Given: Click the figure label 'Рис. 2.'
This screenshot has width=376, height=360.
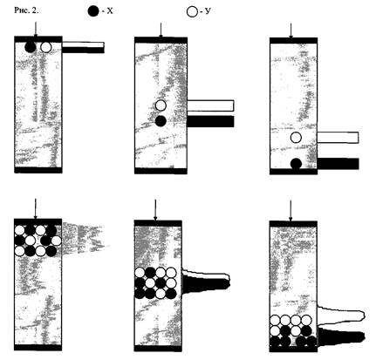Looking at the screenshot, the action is click(26, 10).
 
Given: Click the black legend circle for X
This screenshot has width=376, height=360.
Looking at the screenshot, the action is click(93, 11).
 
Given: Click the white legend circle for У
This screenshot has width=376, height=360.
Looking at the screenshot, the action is click(192, 11).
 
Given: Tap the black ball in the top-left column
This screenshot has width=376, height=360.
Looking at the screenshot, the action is click(30, 47).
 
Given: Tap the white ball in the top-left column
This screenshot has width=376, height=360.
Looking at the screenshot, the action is click(46, 47).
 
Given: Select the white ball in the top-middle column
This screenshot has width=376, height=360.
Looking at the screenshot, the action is click(161, 105).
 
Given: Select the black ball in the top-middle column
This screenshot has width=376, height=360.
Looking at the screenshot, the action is click(161, 121).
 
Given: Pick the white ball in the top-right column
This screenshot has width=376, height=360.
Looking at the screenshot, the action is click(296, 137).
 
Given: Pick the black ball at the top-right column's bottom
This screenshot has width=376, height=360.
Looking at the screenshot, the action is click(296, 164).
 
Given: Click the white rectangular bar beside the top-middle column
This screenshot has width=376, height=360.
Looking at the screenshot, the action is click(210, 105).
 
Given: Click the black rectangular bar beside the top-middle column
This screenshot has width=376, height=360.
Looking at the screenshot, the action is click(210, 121).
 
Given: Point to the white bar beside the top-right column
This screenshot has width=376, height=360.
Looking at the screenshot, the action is click(338, 138).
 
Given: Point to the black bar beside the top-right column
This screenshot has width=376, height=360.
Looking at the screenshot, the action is click(338, 164).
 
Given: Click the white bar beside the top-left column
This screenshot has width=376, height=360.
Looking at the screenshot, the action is click(83, 44).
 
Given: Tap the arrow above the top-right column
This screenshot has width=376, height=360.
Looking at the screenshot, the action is click(291, 31).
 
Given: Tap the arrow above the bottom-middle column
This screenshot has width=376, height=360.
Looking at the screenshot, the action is click(155, 210).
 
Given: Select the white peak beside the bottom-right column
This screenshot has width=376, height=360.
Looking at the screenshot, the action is click(341, 316).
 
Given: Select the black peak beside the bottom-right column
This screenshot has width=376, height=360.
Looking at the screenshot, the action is click(341, 336).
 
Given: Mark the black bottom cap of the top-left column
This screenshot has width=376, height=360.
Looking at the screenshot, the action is click(38, 170).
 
